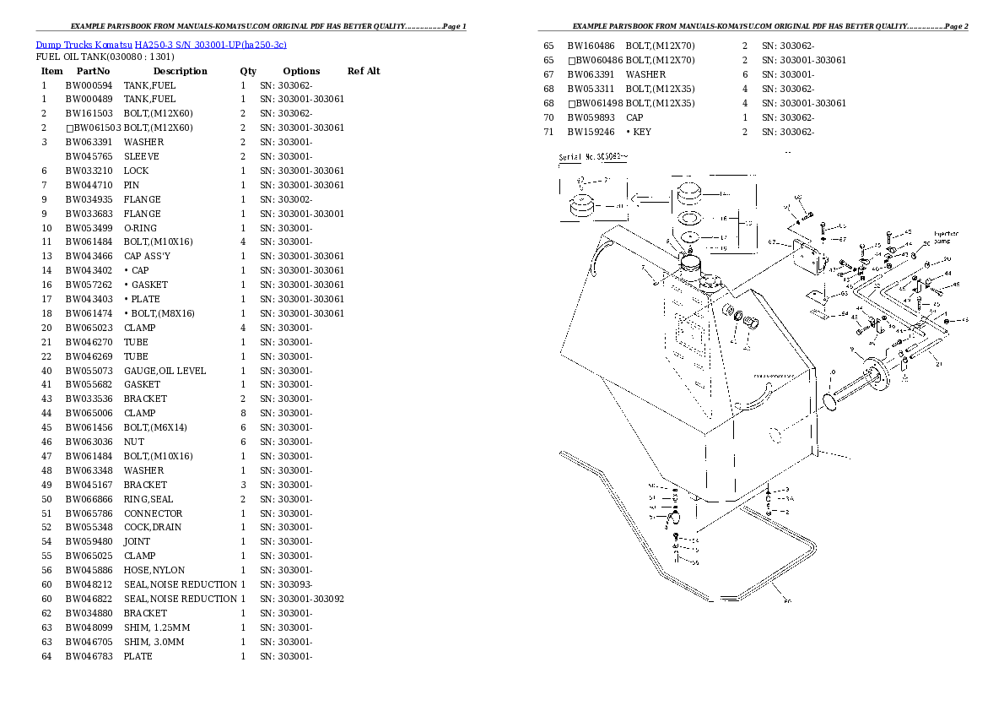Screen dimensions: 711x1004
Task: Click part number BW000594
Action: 89,85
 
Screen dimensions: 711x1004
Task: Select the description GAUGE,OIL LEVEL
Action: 165,371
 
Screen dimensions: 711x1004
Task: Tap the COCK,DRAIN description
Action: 153,528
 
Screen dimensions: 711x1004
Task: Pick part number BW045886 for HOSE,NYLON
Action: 89,571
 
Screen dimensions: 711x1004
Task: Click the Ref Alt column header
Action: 364,71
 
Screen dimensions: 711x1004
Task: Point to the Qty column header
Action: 248,71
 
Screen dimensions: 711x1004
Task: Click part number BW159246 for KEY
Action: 591,133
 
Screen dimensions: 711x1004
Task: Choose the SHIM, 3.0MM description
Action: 154,642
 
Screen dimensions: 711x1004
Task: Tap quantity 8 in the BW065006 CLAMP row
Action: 243,414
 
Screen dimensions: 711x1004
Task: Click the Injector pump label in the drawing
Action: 946,236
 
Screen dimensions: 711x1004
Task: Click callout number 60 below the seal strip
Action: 787,602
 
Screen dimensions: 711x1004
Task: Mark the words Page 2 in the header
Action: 956,26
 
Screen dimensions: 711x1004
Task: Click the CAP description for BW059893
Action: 634,118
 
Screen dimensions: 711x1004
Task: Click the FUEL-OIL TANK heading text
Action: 105,57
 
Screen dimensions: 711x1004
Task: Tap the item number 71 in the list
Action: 548,133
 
